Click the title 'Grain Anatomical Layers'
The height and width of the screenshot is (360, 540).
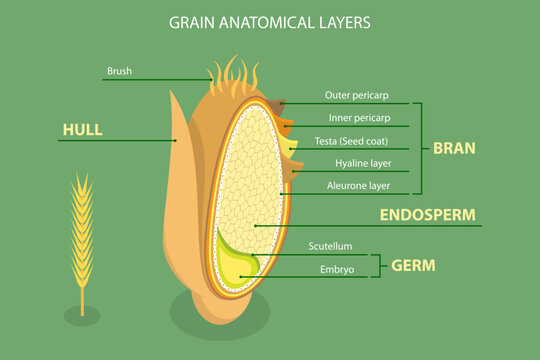pyautogui.click(x=270, y=21)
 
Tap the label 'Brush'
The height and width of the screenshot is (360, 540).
pyautogui.click(x=119, y=71)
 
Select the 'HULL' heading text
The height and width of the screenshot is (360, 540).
pyautogui.click(x=82, y=129)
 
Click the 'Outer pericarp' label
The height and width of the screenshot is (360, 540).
pyautogui.click(x=356, y=95)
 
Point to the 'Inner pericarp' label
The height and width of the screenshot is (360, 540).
pyautogui.click(x=356, y=118)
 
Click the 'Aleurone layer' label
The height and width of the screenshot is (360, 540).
pyautogui.click(x=358, y=185)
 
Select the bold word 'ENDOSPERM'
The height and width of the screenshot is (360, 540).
pyautogui.click(x=427, y=214)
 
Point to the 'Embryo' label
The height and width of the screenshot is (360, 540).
pyautogui.click(x=337, y=269)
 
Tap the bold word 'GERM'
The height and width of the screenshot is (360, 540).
pyautogui.click(x=413, y=264)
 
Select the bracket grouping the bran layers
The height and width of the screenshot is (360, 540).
pyautogui.click(x=419, y=148)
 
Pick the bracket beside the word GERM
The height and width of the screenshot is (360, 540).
pyautogui.click(x=377, y=264)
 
